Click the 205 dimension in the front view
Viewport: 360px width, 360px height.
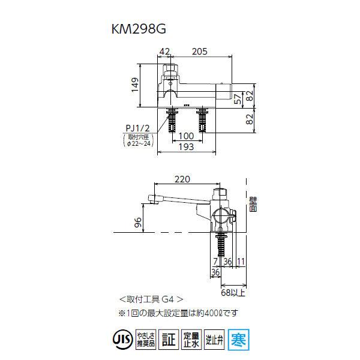tap(200, 52)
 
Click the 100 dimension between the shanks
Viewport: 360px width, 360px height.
tap(187, 137)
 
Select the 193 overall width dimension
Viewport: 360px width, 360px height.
tap(186, 148)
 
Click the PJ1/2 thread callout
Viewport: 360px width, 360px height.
tap(137, 127)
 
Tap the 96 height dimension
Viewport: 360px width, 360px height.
tap(137, 223)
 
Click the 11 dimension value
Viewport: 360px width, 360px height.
tap(241, 260)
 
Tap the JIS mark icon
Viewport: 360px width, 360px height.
tap(122, 338)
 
